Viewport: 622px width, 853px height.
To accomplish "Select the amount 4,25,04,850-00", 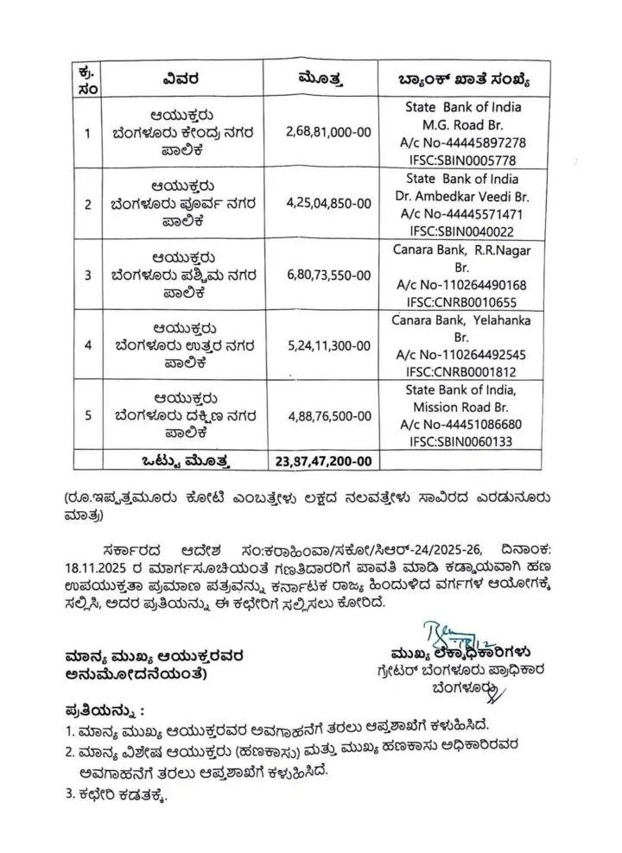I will point(328,203).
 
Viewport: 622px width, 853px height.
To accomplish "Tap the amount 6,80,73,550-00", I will point(328,275).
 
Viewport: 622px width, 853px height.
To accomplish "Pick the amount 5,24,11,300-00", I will point(328,345).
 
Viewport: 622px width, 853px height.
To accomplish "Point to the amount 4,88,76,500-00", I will point(328,415).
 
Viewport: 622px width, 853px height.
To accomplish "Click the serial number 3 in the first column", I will point(86,275).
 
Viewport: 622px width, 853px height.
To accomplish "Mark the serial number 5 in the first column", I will point(86,415).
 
